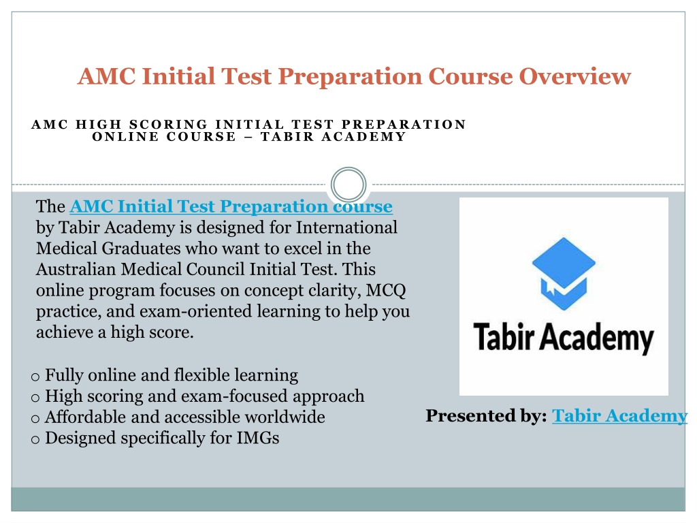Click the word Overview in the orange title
click(574, 76)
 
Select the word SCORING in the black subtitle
click(168, 124)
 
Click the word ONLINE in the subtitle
click(125, 136)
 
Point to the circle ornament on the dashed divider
click(348, 185)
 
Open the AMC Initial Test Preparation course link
click(231, 206)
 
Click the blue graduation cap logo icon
click(564, 274)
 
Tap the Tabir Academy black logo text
click(564, 338)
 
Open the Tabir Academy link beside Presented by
click(619, 416)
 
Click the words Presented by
click(486, 416)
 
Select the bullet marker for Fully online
click(35, 377)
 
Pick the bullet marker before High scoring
click(35, 398)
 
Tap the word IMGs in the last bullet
click(258, 438)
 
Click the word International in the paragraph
click(346, 227)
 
